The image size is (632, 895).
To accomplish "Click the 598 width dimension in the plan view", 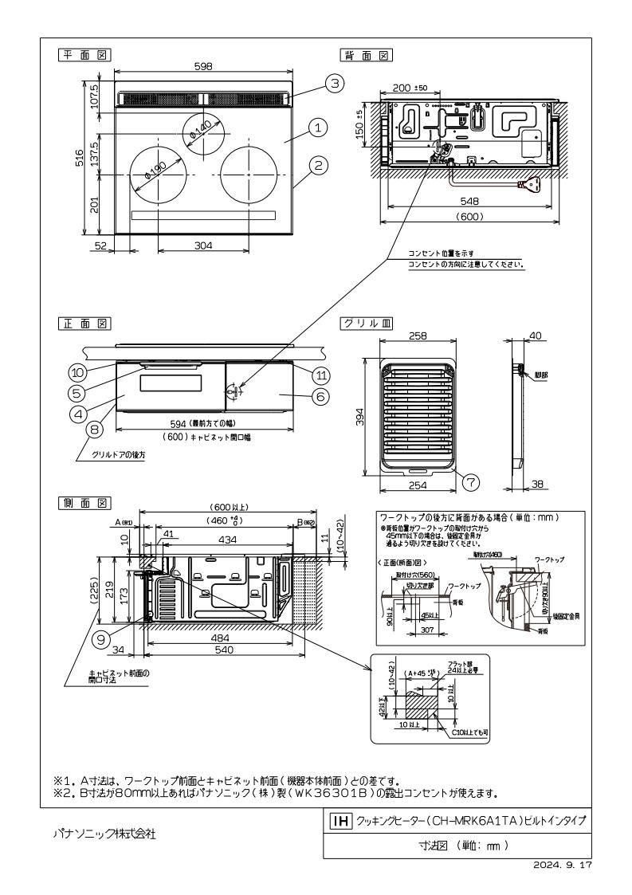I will (x=203, y=68).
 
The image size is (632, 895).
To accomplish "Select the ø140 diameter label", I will (x=199, y=131).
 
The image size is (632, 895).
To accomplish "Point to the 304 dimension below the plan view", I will (x=203, y=246).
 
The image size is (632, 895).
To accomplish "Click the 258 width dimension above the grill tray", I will (x=418, y=336).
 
